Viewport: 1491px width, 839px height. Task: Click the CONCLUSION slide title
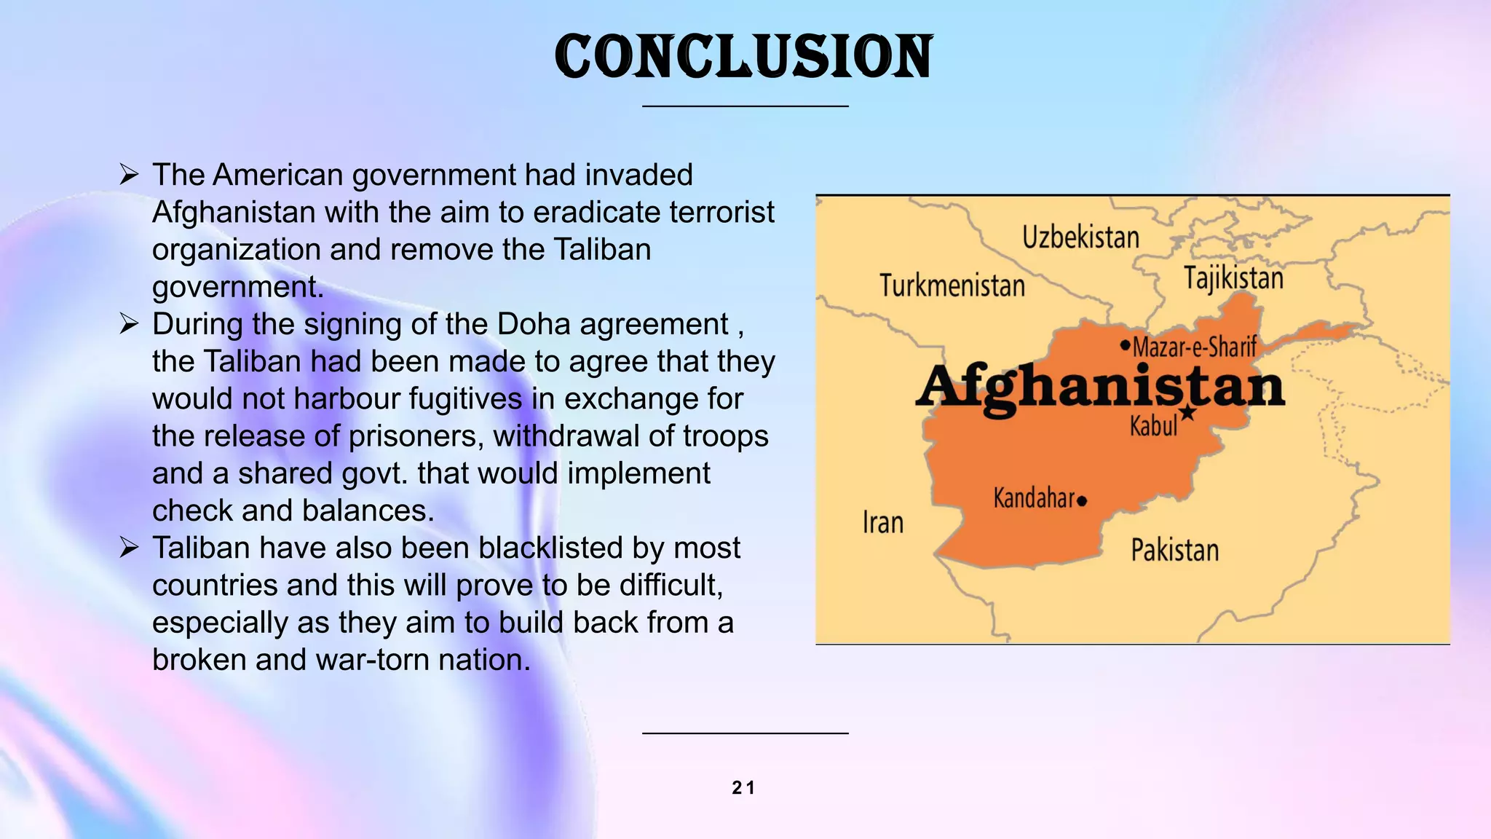tap(743, 57)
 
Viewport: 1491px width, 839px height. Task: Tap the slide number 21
tap(743, 787)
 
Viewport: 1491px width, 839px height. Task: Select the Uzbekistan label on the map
tap(1080, 238)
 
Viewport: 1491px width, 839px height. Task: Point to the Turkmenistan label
tap(952, 285)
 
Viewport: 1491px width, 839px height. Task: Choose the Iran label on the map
tap(882, 523)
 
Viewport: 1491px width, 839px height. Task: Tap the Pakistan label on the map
tap(1174, 550)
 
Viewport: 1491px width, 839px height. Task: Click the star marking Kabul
tap(1187, 413)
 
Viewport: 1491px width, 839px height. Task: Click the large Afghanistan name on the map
tap(1099, 387)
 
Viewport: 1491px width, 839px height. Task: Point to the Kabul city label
tap(1153, 426)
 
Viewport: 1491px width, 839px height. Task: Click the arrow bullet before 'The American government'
tap(129, 175)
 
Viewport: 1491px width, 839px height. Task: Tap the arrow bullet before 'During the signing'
tap(129, 324)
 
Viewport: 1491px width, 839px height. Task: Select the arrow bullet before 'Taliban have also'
tap(129, 548)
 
